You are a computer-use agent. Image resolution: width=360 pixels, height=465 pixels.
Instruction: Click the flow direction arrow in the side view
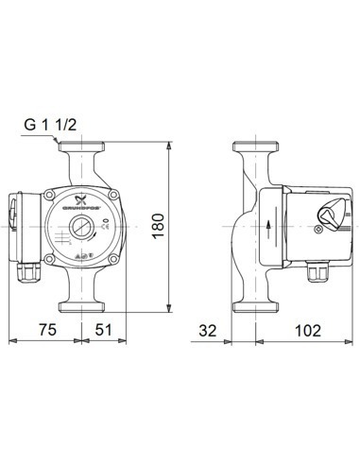point(269,227)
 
